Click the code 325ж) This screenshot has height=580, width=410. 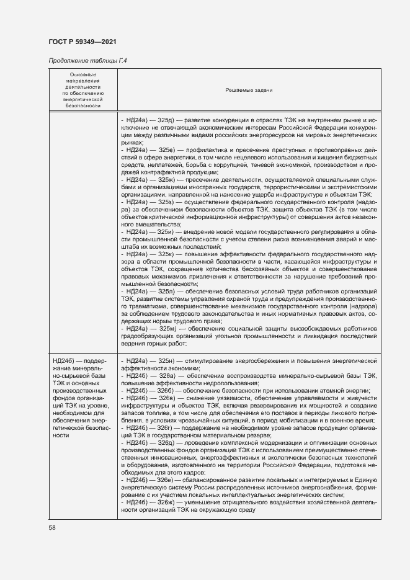(x=169, y=179)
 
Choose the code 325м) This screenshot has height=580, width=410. (x=169, y=328)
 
